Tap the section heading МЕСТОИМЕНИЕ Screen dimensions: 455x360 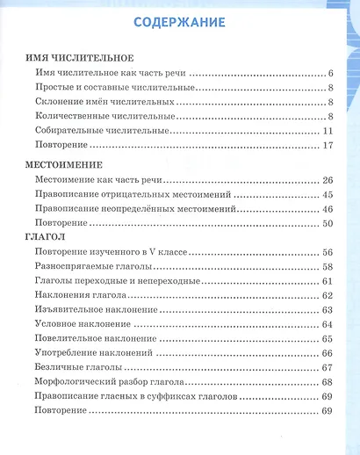coord(65,164)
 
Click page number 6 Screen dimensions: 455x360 coord(328,73)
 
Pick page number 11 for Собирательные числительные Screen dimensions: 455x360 coord(326,131)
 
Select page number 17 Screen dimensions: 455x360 coord(326,146)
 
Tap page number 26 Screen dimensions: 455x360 coord(326,179)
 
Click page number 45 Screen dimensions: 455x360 coord(326,194)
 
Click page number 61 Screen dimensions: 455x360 coord(326,281)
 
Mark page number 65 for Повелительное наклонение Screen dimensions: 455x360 coord(326,339)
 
